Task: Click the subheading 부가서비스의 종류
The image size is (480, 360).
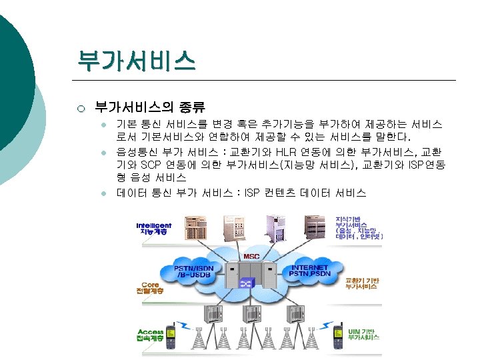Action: pos(149,107)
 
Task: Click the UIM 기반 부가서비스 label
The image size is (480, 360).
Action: pos(363,333)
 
